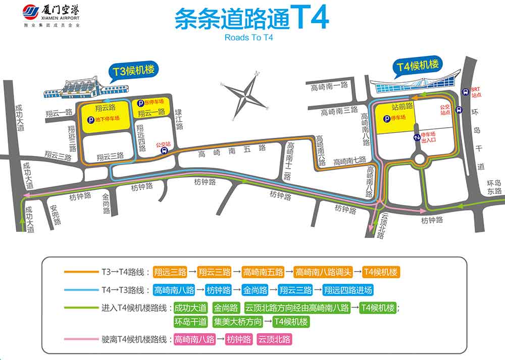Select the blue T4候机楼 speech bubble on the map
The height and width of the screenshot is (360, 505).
pos(418,66)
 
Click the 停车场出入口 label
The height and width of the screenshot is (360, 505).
pos(430,137)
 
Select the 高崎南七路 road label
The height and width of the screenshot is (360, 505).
pos(349,161)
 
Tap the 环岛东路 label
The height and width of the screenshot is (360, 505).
pos(494,187)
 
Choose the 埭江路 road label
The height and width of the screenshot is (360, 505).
pos(178,120)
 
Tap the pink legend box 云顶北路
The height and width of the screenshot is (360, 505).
pos(274,339)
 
